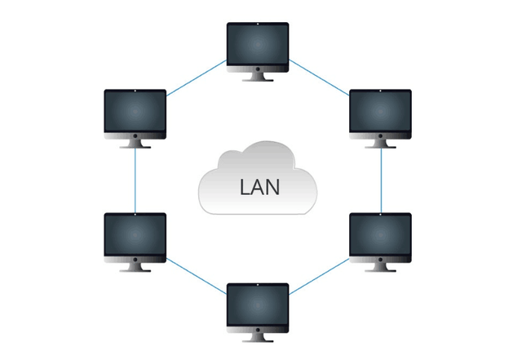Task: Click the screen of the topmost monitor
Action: [258, 46]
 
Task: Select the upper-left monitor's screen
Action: [135, 113]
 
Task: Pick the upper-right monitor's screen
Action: [380, 113]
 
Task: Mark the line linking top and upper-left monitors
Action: [196, 78]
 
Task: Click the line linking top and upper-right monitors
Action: [320, 78]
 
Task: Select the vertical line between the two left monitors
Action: [135, 181]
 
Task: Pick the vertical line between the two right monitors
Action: [382, 181]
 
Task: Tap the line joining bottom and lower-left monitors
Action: [196, 276]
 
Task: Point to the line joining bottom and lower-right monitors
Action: [320, 276]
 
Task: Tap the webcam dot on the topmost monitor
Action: [258, 25]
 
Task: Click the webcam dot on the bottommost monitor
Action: [258, 286]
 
